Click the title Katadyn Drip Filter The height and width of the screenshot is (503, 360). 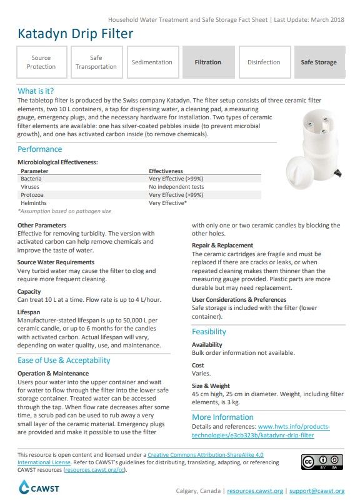[75, 34]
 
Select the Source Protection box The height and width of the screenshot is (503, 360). [41, 62]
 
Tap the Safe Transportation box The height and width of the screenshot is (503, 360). [96, 62]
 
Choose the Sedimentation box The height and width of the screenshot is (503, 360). [152, 62]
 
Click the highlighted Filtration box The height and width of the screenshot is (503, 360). [207, 62]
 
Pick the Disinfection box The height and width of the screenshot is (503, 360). [264, 62]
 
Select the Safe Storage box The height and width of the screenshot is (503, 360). [319, 62]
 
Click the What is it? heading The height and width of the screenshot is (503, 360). [36, 91]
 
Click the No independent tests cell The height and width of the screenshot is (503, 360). [176, 187]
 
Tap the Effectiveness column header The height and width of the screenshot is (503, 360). [166, 171]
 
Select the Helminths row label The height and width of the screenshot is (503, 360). [34, 202]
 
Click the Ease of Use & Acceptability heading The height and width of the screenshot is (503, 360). [64, 361]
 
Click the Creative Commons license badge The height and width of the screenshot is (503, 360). [322, 462]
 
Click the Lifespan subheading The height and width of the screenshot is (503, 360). [31, 311]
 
